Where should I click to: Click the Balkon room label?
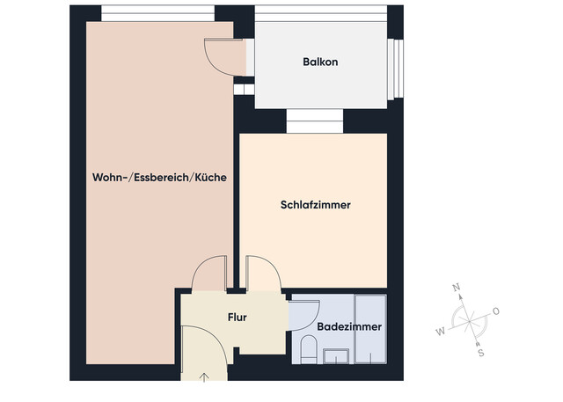click(320, 62)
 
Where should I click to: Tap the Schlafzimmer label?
click(316, 205)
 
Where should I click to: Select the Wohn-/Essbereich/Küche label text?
click(159, 177)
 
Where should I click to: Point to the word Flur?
click(238, 318)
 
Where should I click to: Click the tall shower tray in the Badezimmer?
click(369, 326)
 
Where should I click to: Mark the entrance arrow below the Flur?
click(204, 378)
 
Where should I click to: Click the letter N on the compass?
click(456, 288)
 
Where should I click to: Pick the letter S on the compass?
click(481, 353)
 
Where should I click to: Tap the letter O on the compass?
click(496, 311)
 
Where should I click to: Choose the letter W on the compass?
click(441, 332)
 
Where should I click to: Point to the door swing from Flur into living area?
click(209, 273)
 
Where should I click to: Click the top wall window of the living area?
click(157, 12)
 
